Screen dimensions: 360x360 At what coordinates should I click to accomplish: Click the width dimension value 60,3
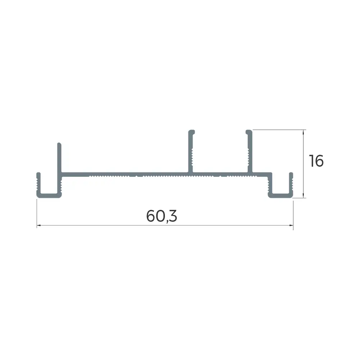coord(162,216)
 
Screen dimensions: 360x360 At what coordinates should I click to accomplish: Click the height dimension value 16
coord(316,161)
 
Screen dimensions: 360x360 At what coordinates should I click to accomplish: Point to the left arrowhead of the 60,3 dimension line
coord(39,225)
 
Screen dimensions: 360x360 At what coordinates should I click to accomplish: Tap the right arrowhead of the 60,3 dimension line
coord(291,225)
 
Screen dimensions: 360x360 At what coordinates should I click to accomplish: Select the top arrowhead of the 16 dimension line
coord(303,131)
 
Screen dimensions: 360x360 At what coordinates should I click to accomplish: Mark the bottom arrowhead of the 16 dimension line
coord(303,196)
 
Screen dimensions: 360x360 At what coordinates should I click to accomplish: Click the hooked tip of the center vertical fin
coord(192,132)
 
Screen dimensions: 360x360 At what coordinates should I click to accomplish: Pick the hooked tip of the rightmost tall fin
coord(249,132)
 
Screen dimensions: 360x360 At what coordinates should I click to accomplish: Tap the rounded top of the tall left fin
coord(59,144)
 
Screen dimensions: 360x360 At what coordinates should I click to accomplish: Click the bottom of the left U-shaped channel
coord(49,195)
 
